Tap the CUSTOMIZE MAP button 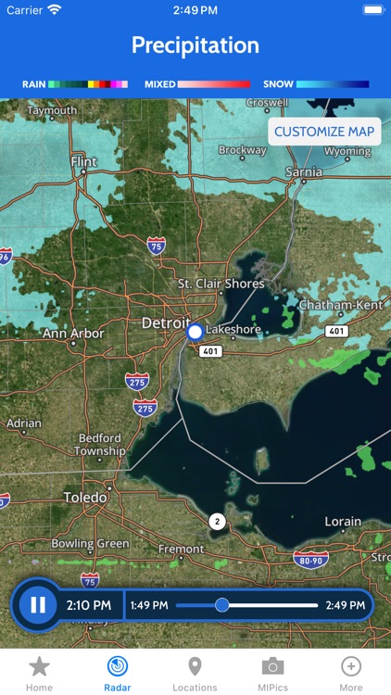click(x=324, y=132)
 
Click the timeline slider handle click(x=221, y=605)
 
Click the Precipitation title click(x=195, y=45)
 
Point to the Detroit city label click(x=165, y=323)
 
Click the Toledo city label click(x=85, y=498)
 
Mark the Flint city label click(x=83, y=162)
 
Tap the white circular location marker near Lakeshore click(x=195, y=331)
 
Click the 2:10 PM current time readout click(x=89, y=605)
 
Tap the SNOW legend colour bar click(x=333, y=84)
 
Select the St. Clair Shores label click(x=221, y=284)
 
